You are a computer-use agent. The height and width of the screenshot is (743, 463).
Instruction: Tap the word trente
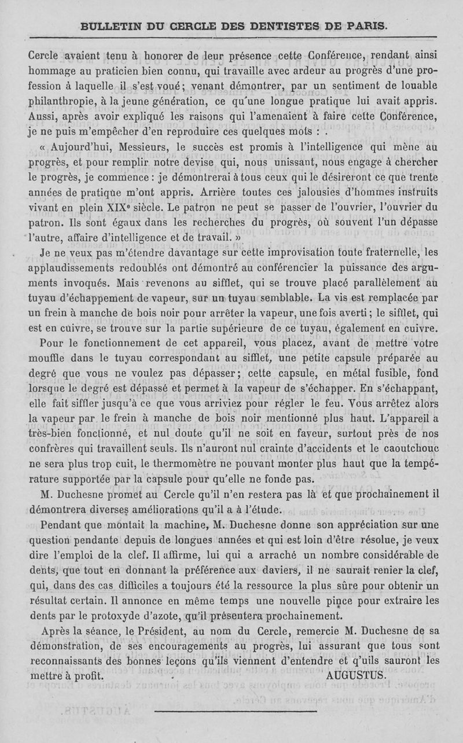[x=418, y=178]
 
